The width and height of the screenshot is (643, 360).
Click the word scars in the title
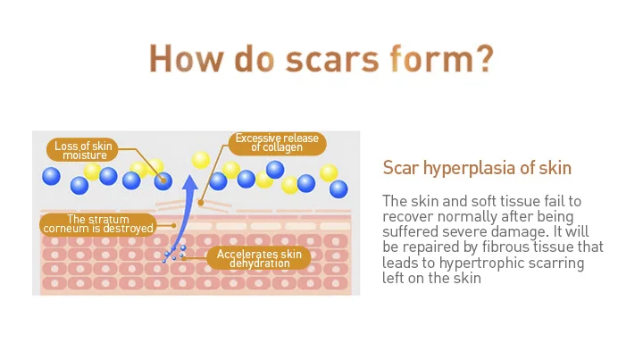pos(332,60)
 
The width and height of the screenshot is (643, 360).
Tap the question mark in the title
pos(482,58)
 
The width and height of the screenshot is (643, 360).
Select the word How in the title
pos(187,59)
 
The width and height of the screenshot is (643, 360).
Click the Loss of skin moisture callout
pos(82,150)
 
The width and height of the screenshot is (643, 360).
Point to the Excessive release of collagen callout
pos(277,143)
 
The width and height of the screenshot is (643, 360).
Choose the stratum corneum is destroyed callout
pos(98,224)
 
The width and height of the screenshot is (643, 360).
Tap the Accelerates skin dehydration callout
pos(259,258)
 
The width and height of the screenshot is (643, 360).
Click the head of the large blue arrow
pos(190,184)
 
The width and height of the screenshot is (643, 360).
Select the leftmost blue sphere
pos(51,176)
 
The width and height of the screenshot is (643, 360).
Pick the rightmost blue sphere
pos(338,189)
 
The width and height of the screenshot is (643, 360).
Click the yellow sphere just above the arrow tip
pos(201,160)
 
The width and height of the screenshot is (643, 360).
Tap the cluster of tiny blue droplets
pos(174,255)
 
